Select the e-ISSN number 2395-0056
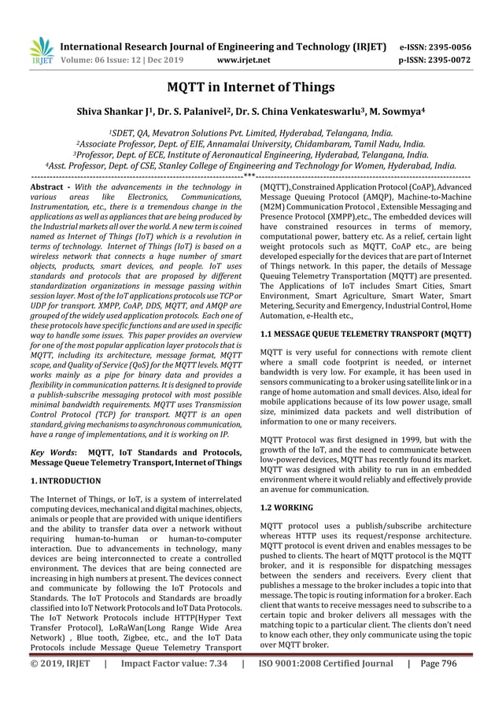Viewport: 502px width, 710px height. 442,46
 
